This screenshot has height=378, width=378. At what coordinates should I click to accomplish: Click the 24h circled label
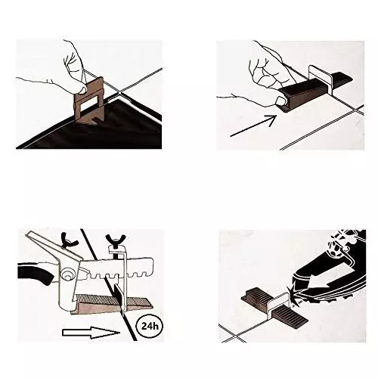pyautogui.click(x=150, y=327)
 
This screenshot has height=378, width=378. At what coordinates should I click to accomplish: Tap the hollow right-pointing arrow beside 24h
pyautogui.click(x=91, y=333)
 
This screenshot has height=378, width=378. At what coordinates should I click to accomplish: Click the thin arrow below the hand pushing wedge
pyautogui.click(x=253, y=125)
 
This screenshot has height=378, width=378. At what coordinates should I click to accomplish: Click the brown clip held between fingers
pyautogui.click(x=88, y=101)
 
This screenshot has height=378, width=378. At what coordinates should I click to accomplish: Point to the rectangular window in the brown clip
pyautogui.click(x=89, y=104)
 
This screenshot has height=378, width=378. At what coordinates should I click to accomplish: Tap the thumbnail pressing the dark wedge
pyautogui.click(x=280, y=101)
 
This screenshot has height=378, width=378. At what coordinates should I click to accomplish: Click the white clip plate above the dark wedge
pyautogui.click(x=321, y=79)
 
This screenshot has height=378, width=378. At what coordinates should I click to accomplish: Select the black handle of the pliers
pyautogui.click(x=36, y=274)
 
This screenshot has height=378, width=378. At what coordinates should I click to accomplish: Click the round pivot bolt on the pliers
pyautogui.click(x=67, y=274)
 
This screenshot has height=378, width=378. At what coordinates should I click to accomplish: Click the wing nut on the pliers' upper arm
pyautogui.click(x=69, y=240)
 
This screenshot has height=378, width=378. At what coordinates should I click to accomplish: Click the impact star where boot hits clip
pyautogui.click(x=294, y=296)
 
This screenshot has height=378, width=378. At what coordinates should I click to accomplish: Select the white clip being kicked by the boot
pyautogui.click(x=278, y=303)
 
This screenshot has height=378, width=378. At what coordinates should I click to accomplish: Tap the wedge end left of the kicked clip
pyautogui.click(x=255, y=298)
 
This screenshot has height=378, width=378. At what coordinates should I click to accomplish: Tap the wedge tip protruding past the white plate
pyautogui.click(x=342, y=76)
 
